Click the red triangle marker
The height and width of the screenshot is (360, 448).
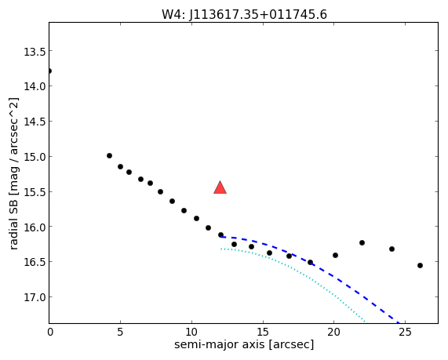(220, 187)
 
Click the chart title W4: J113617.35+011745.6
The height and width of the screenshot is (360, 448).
(244, 15)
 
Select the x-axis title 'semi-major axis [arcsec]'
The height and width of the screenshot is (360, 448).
(244, 344)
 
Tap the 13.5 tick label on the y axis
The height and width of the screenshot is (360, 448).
(35, 52)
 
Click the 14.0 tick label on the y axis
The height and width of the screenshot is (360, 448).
(35, 86)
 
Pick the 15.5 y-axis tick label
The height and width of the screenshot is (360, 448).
(35, 192)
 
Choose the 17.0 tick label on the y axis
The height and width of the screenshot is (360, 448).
(35, 297)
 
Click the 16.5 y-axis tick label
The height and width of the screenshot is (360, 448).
(35, 262)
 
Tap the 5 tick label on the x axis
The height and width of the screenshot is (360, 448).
(120, 332)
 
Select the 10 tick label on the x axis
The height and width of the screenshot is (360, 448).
(191, 332)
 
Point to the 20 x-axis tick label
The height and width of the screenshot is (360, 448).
(333, 332)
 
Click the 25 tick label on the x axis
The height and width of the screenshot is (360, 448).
(405, 332)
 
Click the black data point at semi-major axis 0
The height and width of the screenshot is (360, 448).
(49, 71)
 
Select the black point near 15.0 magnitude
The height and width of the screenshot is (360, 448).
(109, 156)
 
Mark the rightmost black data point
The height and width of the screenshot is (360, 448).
(420, 265)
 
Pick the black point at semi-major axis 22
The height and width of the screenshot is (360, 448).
(362, 242)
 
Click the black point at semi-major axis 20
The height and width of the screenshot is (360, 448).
(336, 255)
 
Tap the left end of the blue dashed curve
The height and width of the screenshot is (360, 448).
(220, 237)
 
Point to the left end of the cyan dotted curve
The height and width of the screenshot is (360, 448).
(220, 249)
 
